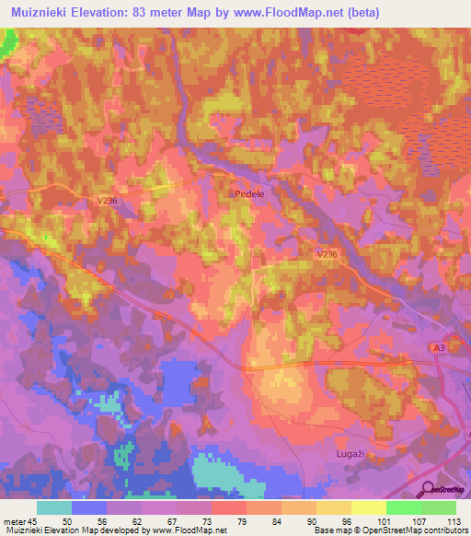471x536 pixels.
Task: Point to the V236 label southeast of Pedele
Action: [326, 254]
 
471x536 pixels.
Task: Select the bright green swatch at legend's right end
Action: [438, 507]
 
